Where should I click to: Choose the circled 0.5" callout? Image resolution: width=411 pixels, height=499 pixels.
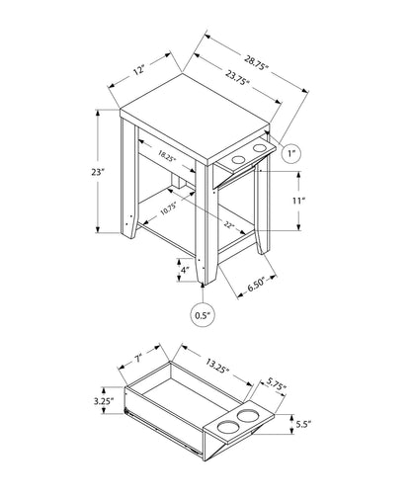[x=202, y=316]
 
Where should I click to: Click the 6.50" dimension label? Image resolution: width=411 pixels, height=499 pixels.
[x=258, y=288]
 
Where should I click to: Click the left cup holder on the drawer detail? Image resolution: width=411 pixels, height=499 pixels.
[x=224, y=426]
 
